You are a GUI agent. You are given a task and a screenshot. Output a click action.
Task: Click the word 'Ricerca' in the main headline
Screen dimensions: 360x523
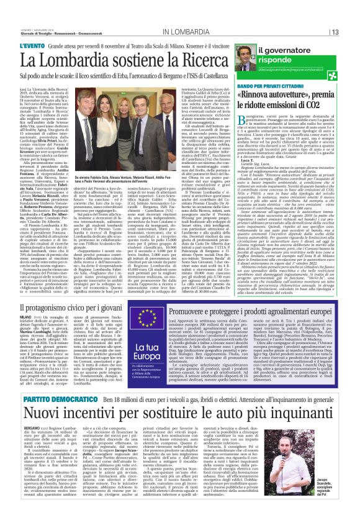tap(204, 59)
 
